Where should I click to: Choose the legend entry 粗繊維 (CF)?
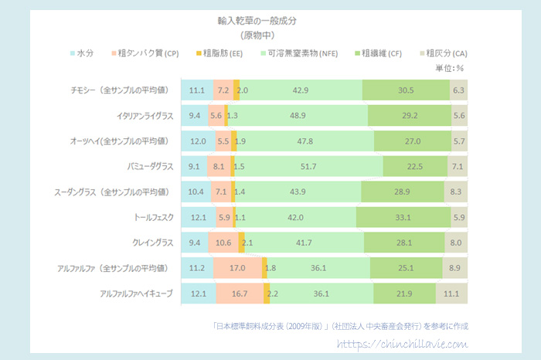[383, 53]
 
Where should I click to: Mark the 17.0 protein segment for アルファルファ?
[239, 269]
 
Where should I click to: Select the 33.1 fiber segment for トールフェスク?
[402, 218]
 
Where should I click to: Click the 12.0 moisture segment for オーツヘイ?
[198, 141]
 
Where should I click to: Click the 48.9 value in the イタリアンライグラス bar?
[297, 116]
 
